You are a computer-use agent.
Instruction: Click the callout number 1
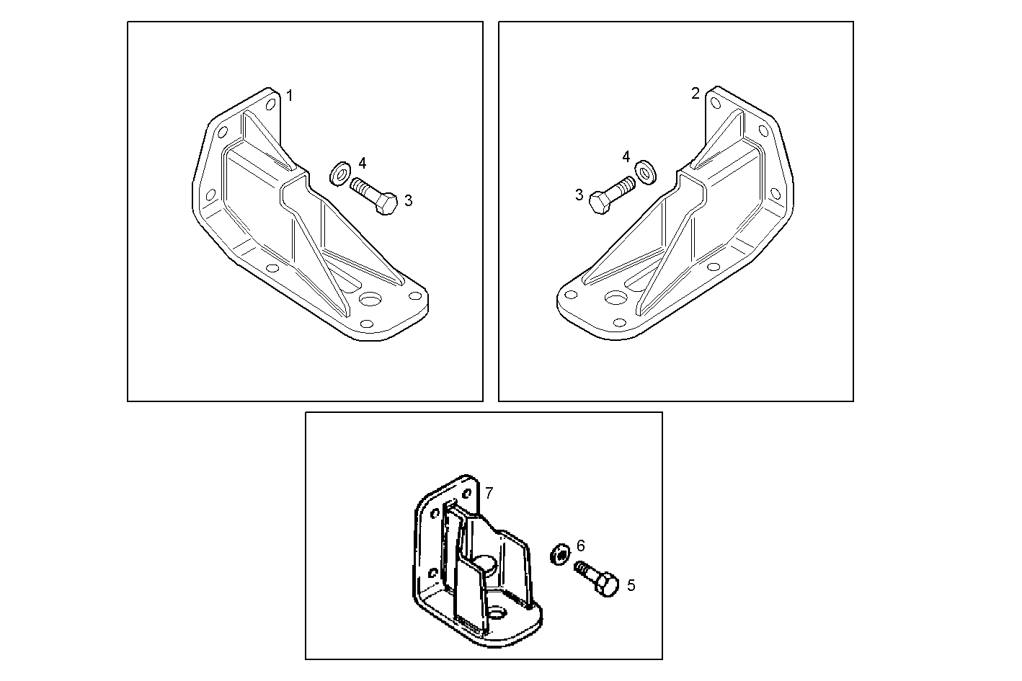[290, 96]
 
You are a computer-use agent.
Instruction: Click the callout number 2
[695, 94]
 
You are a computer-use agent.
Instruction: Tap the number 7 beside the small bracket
[489, 493]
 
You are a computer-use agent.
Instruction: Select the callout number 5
[631, 585]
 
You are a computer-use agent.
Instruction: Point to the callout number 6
[581, 546]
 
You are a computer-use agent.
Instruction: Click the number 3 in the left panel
[408, 200]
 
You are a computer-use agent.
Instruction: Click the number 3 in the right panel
[579, 194]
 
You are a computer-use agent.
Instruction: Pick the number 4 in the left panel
[363, 162]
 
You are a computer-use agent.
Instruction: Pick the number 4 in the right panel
[626, 156]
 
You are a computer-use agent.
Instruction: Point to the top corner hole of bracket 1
[270, 104]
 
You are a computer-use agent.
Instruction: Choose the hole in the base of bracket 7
[497, 613]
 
